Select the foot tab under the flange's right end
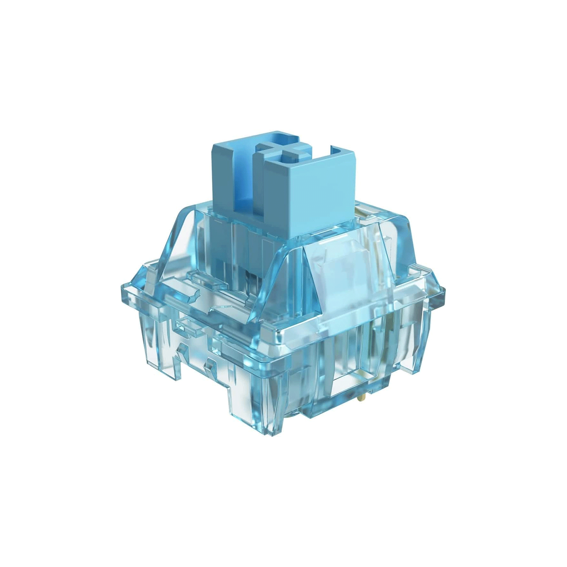pyautogui.click(x=420, y=359)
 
